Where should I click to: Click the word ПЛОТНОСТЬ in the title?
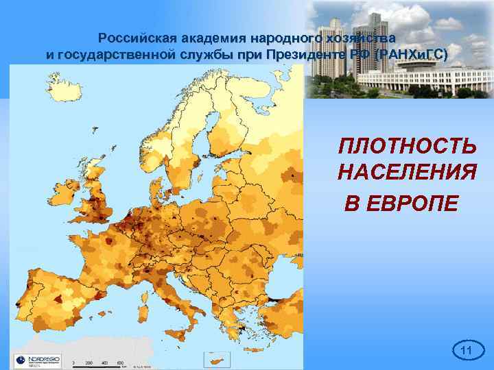[x=407, y=146]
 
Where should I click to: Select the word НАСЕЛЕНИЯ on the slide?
[x=407, y=173]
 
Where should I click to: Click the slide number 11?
[x=467, y=351]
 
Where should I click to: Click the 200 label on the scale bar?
[x=89, y=362]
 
